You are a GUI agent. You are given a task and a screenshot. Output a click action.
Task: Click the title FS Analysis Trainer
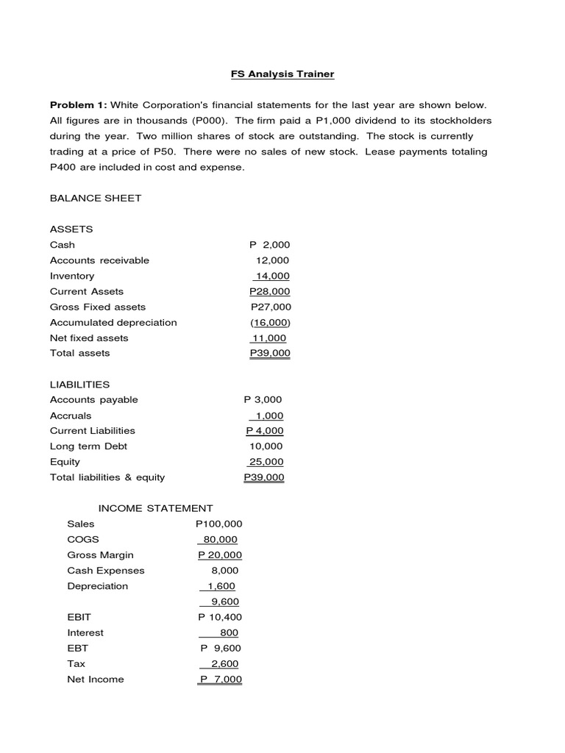click(x=282, y=74)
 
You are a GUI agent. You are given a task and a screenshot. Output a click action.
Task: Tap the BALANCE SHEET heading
click(x=96, y=198)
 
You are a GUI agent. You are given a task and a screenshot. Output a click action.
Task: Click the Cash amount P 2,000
click(x=270, y=245)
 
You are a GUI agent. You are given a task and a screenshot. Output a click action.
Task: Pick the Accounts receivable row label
click(x=99, y=260)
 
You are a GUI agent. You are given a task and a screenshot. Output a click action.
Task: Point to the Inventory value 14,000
click(x=271, y=276)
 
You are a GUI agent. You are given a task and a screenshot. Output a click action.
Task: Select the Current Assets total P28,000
click(x=270, y=291)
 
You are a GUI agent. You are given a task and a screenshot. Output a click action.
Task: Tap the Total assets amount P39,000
click(x=270, y=353)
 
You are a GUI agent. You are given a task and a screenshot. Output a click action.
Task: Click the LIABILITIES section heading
click(x=79, y=384)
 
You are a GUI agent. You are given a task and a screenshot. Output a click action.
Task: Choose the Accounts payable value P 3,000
click(x=263, y=399)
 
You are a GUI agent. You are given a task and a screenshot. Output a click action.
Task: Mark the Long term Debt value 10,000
click(x=266, y=446)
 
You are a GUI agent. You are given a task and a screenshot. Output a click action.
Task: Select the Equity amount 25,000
click(x=266, y=462)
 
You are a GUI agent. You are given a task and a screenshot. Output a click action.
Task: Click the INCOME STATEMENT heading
click(x=156, y=508)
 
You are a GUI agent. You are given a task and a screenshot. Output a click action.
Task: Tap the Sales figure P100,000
click(x=218, y=524)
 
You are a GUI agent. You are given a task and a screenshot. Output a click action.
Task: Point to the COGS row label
click(x=82, y=539)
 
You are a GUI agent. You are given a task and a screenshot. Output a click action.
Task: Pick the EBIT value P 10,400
click(x=220, y=617)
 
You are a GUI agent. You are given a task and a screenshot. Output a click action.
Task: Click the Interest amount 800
click(x=229, y=632)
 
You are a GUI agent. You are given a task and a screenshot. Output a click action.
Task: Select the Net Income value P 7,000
click(x=221, y=679)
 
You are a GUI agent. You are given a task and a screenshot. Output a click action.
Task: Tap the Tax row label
click(x=76, y=663)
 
